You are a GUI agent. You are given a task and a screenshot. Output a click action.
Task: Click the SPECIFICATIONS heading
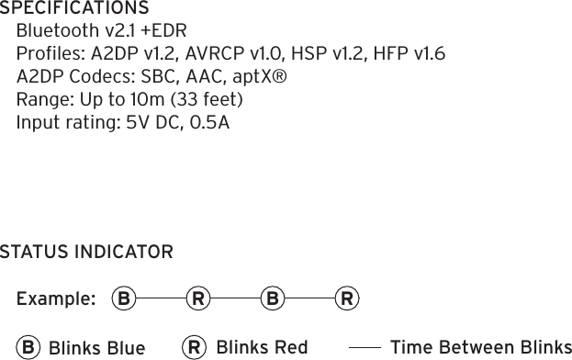point(75,9)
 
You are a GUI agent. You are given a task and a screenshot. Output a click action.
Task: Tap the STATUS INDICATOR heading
point(86,252)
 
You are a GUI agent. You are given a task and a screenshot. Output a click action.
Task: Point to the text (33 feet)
point(211,98)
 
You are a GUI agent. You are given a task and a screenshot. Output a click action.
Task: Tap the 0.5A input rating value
point(209,121)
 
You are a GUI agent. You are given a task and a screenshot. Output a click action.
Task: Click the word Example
point(55,299)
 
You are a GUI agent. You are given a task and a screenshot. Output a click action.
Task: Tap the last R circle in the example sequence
point(347,298)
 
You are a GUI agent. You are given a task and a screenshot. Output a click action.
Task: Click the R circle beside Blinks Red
point(194,347)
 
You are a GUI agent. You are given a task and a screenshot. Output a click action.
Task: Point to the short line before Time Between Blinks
point(365,348)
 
